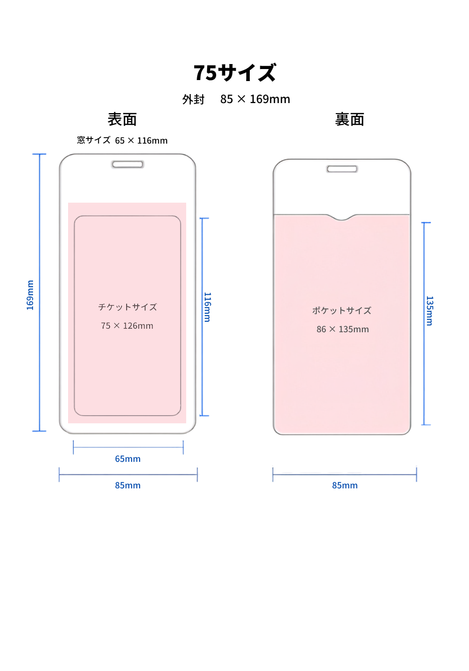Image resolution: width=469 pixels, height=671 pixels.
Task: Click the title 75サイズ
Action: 234,73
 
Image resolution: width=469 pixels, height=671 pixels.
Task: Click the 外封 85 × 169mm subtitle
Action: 236,99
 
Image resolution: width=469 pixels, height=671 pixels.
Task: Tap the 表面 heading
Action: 122,119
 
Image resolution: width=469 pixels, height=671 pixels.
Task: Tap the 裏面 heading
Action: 349,119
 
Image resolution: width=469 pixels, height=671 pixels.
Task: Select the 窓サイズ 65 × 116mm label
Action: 122,140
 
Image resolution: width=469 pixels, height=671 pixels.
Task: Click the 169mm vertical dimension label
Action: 30,295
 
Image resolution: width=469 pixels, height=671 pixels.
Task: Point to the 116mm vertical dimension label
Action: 207,307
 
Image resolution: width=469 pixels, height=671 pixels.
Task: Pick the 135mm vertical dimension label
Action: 429,311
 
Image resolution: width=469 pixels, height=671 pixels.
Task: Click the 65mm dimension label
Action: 128,459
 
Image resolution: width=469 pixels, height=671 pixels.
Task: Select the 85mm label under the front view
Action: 128,485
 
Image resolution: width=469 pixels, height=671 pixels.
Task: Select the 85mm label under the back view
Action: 345,485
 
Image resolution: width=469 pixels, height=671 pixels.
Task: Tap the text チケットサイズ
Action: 127,307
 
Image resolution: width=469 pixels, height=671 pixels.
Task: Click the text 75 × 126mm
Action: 127,326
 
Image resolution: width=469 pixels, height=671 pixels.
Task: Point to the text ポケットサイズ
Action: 342,310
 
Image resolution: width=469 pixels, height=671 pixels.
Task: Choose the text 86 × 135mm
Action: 342,329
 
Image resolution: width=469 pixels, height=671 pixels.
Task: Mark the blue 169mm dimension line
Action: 39,292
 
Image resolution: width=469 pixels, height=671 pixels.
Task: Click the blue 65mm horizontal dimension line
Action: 128,447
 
